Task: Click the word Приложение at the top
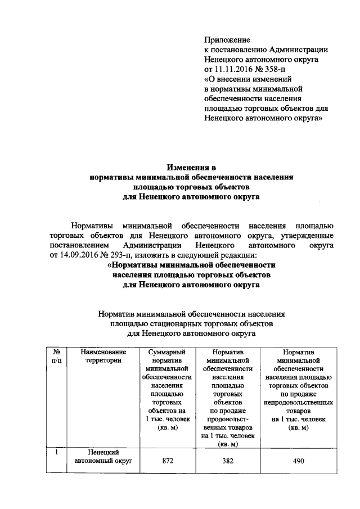tap(227, 40)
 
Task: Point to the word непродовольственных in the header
tap(297, 403)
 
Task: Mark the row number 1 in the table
tap(56, 452)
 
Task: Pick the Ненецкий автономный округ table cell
tap(102, 457)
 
